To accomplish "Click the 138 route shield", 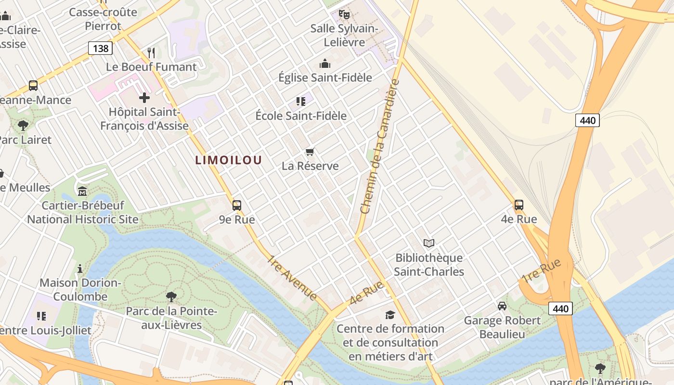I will coord(100,48).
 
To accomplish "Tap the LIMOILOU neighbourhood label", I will coord(229,160).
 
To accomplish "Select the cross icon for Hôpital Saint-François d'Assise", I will coord(144,98).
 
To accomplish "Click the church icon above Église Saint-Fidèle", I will coord(325,64).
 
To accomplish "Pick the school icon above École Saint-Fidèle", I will coord(301,101).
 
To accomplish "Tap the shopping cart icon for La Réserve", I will coord(310,152).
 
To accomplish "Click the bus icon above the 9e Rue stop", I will coord(236,205).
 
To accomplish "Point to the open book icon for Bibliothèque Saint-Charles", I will coord(428,244).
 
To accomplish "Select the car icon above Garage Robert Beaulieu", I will coord(502,306).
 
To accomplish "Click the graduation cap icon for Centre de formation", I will coord(390,315).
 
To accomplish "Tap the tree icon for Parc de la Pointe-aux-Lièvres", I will coord(171,296).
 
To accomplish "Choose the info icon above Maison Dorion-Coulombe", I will coord(80,268).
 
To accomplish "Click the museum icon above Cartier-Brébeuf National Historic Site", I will coord(82,191).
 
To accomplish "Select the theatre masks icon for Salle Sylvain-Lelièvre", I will coord(344,14).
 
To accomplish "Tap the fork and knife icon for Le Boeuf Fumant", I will coord(151,52).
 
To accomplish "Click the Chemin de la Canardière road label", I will coord(380,147).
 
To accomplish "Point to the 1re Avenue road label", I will coord(292,278).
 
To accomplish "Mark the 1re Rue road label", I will coord(542,270).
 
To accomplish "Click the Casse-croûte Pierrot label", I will coord(103,19).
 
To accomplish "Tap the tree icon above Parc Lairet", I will coord(23,126).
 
